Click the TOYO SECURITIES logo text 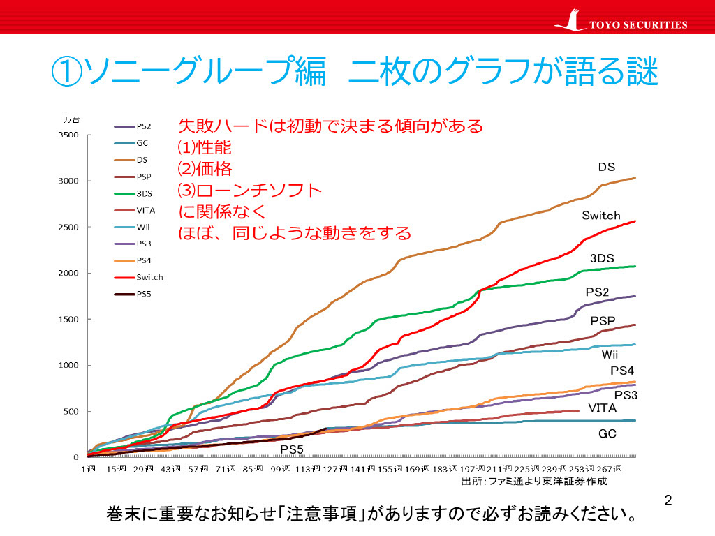coord(638,25)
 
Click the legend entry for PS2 coord(144,127)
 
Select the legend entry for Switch coord(149,277)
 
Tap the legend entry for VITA coord(146,210)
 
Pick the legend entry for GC coord(142,144)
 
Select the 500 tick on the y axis coord(70,411)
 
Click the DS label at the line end coord(606,167)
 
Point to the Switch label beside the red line coord(600,216)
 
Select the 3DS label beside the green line coord(602,259)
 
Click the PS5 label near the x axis coord(293,448)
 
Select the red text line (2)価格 coord(205,169)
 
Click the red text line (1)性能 coord(205,148)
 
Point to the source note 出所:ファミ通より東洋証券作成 coord(534,482)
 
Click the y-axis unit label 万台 coord(72,119)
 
